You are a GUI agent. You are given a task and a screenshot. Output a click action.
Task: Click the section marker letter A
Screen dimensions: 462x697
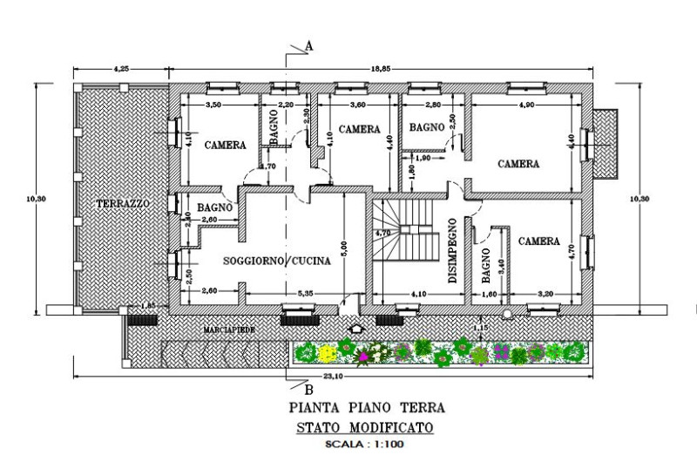[309, 44]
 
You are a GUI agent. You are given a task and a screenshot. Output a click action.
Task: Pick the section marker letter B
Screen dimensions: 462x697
[308, 389]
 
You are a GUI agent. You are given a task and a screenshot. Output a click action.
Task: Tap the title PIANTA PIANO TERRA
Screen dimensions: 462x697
[366, 407]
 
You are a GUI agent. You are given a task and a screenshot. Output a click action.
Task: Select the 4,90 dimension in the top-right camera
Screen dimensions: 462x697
[525, 105]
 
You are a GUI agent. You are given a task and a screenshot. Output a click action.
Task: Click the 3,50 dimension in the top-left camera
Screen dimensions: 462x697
[213, 105]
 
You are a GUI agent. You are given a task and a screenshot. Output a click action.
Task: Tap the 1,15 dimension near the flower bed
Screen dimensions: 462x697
[477, 326]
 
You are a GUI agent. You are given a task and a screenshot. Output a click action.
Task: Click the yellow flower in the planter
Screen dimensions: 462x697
[328, 353]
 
